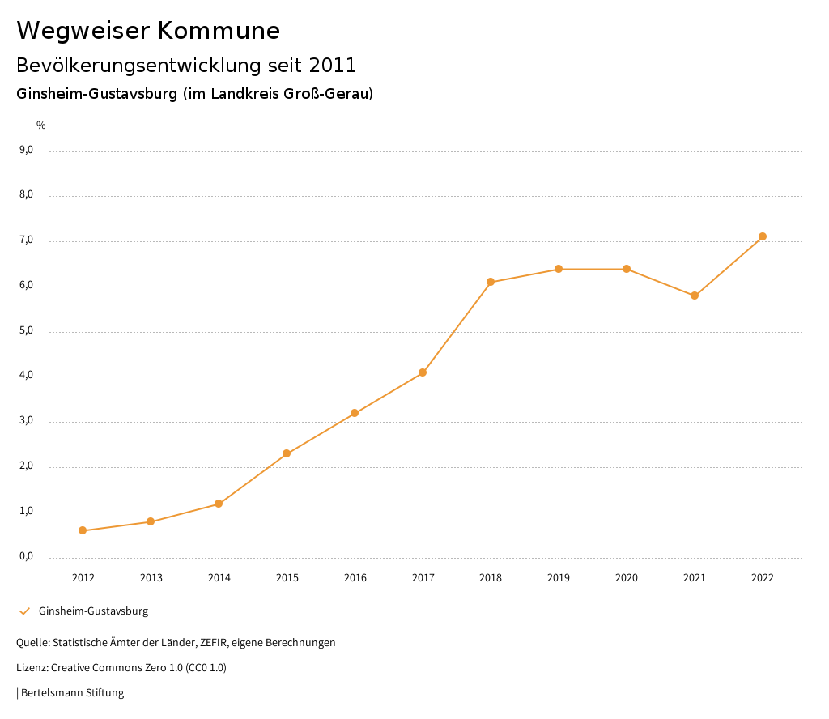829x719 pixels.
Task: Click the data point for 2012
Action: pyautogui.click(x=83, y=530)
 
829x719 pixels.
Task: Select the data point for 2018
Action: pyautogui.click(x=491, y=282)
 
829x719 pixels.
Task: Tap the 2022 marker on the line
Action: pyautogui.click(x=763, y=236)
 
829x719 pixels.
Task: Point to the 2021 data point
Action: pyautogui.click(x=695, y=296)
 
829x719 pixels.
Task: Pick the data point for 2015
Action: pyautogui.click(x=287, y=453)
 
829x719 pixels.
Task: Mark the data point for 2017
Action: pyautogui.click(x=423, y=372)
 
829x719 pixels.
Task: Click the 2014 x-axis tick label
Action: pyautogui.click(x=219, y=577)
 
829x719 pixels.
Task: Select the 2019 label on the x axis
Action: pyautogui.click(x=559, y=577)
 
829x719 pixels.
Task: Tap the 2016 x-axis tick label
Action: pyautogui.click(x=355, y=577)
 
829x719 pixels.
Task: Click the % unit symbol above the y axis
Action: pyautogui.click(x=41, y=125)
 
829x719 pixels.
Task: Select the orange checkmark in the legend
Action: pyautogui.click(x=24, y=611)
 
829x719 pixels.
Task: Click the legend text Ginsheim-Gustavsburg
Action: pyautogui.click(x=93, y=611)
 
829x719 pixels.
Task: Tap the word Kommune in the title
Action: pyautogui.click(x=219, y=31)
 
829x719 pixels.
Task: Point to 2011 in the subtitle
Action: pyautogui.click(x=333, y=65)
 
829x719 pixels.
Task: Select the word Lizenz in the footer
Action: pyautogui.click(x=32, y=668)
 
